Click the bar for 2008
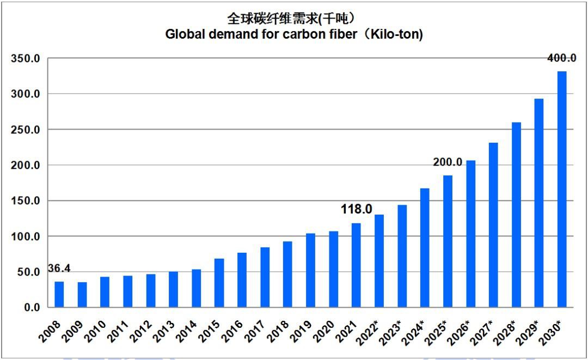[59, 294]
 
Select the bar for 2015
[219, 283]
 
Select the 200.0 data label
[448, 162]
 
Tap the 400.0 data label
[561, 58]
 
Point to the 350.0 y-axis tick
[26, 59]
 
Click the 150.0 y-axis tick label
[26, 201]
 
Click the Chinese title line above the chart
[294, 19]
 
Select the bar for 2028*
[516, 215]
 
